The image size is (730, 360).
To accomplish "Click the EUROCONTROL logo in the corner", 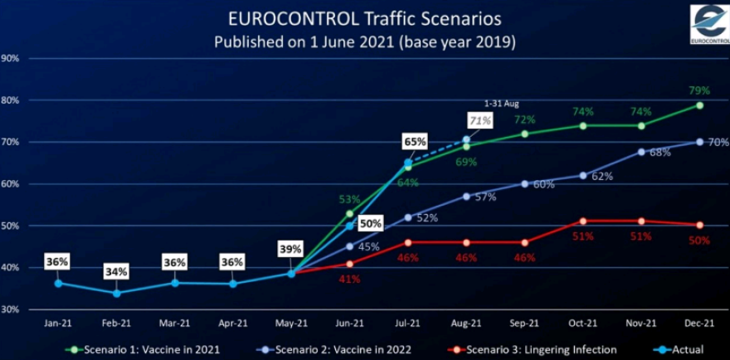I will pyautogui.click(x=709, y=24).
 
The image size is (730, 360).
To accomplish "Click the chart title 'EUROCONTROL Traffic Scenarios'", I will pyautogui.click(x=365, y=18).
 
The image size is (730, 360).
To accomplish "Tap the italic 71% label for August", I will pyautogui.click(x=481, y=120).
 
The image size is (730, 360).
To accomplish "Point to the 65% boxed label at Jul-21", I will pyautogui.click(x=415, y=142).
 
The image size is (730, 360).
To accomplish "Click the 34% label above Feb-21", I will pyautogui.click(x=116, y=271).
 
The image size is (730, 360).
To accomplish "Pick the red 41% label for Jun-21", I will pyautogui.click(x=349, y=279).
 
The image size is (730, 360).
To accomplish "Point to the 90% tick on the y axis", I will pyautogui.click(x=11, y=59).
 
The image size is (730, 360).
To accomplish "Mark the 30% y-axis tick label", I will pyautogui.click(x=11, y=309).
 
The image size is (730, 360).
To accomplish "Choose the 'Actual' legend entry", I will pyautogui.click(x=682, y=348).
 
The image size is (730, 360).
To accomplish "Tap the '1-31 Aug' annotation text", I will pyautogui.click(x=501, y=105).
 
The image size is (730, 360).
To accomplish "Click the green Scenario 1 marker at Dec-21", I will pyautogui.click(x=699, y=105).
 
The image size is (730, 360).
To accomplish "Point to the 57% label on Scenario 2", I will pyautogui.click(x=484, y=197).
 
